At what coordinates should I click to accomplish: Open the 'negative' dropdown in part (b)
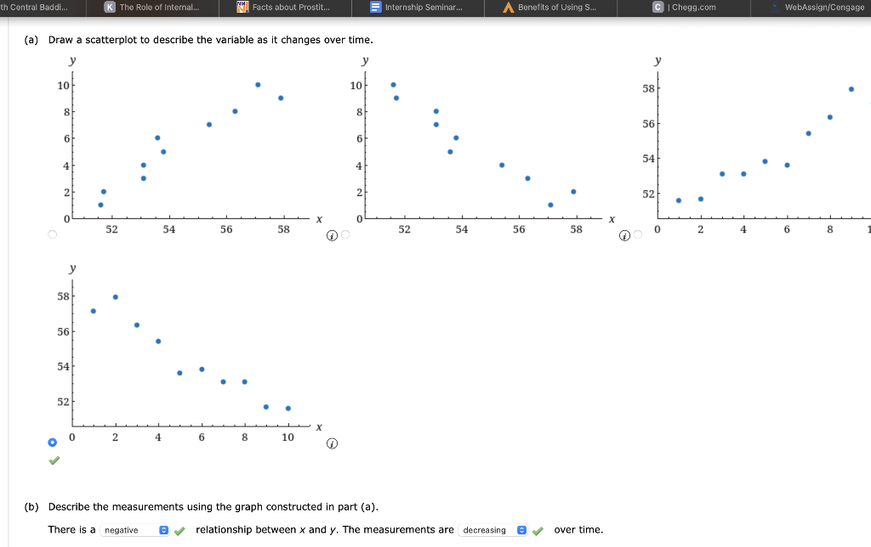[x=136, y=530]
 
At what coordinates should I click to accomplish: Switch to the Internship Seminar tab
[x=417, y=8]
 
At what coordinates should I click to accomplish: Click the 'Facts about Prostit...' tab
[x=282, y=8]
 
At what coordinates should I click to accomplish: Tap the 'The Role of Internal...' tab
[x=152, y=8]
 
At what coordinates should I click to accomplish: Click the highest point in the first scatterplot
[x=258, y=84]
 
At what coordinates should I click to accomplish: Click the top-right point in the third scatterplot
[x=851, y=88]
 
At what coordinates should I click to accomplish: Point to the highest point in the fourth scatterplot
[x=116, y=296]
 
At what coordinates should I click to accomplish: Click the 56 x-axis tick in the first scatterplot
[x=226, y=229]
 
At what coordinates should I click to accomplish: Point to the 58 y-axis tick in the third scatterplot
[x=649, y=88]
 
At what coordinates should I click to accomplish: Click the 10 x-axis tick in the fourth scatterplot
[x=287, y=437]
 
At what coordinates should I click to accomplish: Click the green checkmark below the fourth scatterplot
[x=54, y=460]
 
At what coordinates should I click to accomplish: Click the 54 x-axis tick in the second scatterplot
[x=461, y=229]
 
